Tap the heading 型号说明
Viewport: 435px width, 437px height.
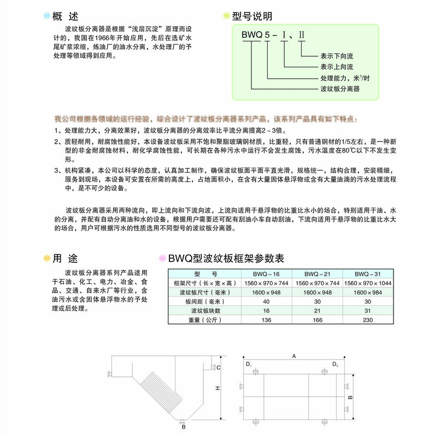[252, 17]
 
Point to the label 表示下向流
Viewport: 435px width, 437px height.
[338, 56]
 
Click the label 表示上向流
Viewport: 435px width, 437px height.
[338, 67]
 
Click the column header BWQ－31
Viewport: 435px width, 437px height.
[366, 274]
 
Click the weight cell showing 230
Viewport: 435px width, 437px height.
[366, 320]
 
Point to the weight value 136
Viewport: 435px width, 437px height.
[267, 320]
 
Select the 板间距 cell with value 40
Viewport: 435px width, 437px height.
[267, 302]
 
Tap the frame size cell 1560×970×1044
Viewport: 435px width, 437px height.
[367, 283]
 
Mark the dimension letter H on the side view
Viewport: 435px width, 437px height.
[217, 388]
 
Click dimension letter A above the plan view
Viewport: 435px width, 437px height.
[294, 356]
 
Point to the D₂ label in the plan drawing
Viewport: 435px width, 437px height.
[336, 364]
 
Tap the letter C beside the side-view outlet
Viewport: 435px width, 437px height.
[218, 368]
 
